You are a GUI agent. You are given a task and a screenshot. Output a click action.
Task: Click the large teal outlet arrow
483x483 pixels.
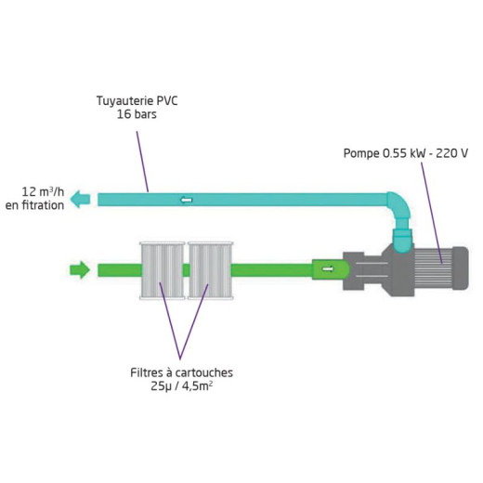pyautogui.click(x=80, y=199)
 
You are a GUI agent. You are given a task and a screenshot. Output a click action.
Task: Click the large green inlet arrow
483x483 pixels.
pyautogui.click(x=80, y=269)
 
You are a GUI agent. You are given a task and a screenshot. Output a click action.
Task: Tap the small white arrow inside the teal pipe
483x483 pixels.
pyautogui.click(x=186, y=200)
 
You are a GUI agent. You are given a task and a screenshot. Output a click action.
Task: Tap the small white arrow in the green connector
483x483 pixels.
pyautogui.click(x=328, y=268)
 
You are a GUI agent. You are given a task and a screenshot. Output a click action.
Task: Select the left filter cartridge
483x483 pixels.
pyautogui.click(x=163, y=270)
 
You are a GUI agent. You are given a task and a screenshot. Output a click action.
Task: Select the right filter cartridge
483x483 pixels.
pyautogui.click(x=210, y=270)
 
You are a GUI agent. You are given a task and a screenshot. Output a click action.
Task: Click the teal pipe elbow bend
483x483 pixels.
pyautogui.click(x=398, y=207)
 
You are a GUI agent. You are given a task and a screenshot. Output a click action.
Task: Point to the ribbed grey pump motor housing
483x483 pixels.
pyautogui.click(x=434, y=268)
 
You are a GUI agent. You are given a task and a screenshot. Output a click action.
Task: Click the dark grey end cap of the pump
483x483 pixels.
pyautogui.click(x=461, y=268)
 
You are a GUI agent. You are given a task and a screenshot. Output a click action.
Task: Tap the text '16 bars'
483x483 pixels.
pyautogui.click(x=137, y=114)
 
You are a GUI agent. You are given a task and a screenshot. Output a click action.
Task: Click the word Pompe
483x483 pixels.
pyautogui.click(x=361, y=153)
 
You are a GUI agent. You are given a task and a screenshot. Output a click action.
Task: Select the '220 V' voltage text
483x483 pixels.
pyautogui.click(x=451, y=153)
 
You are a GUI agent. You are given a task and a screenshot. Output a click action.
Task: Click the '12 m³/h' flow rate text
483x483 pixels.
pyautogui.click(x=43, y=192)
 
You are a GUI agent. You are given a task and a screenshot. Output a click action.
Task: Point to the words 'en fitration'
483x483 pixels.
pyautogui.click(x=34, y=205)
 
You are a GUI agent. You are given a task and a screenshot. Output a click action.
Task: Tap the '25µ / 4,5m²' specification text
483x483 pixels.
pyautogui.click(x=182, y=386)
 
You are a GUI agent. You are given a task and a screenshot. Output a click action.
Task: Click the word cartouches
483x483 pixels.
pyautogui.click(x=204, y=372)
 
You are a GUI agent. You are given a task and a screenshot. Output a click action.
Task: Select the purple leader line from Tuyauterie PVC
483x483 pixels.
pyautogui.click(x=142, y=162)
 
